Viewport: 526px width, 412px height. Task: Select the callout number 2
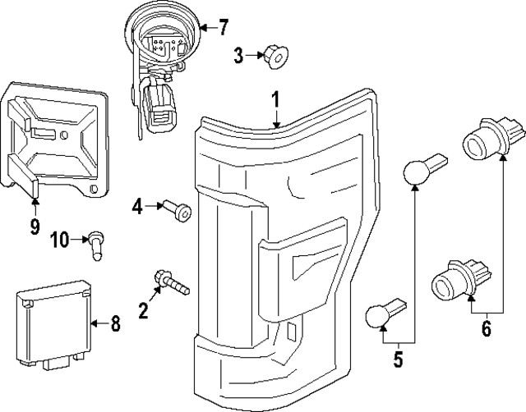tap(143, 309)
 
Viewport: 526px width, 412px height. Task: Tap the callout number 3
tap(238, 55)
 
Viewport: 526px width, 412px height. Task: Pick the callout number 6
tap(486, 329)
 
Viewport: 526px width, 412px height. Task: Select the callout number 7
tap(224, 28)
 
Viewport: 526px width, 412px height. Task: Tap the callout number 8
tap(115, 325)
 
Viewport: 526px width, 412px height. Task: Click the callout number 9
tap(35, 227)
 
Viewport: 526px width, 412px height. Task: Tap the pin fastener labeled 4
tap(178, 211)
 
